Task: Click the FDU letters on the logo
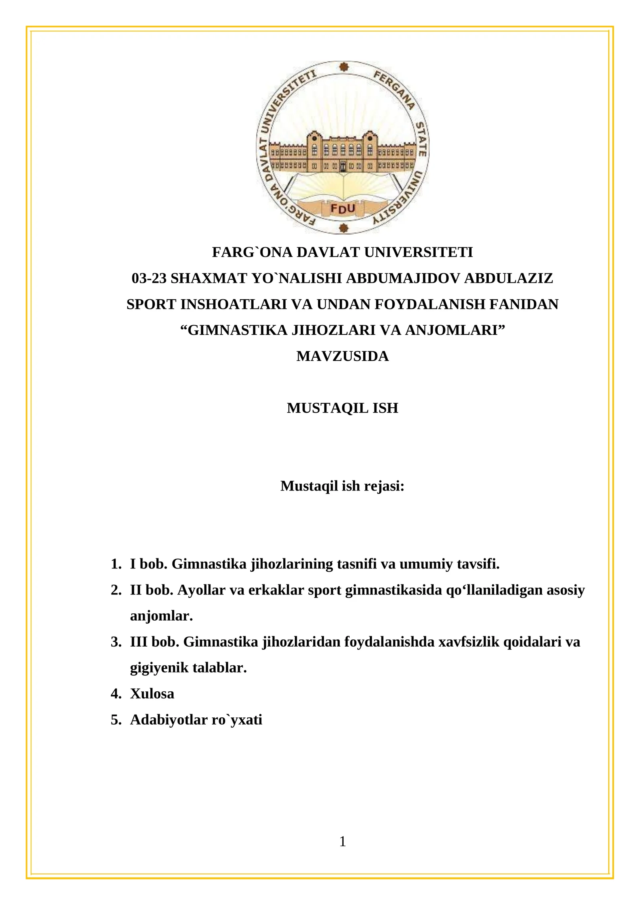[343, 208]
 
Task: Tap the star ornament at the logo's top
[343, 67]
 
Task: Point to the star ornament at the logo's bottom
[343, 228]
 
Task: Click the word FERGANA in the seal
[394, 90]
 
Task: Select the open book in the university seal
[343, 188]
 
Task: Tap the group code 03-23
[149, 278]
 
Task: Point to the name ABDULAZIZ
[509, 278]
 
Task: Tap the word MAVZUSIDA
[342, 356]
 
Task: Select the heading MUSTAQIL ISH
[342, 408]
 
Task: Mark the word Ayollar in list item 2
[201, 590]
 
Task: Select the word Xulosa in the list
[152, 694]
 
